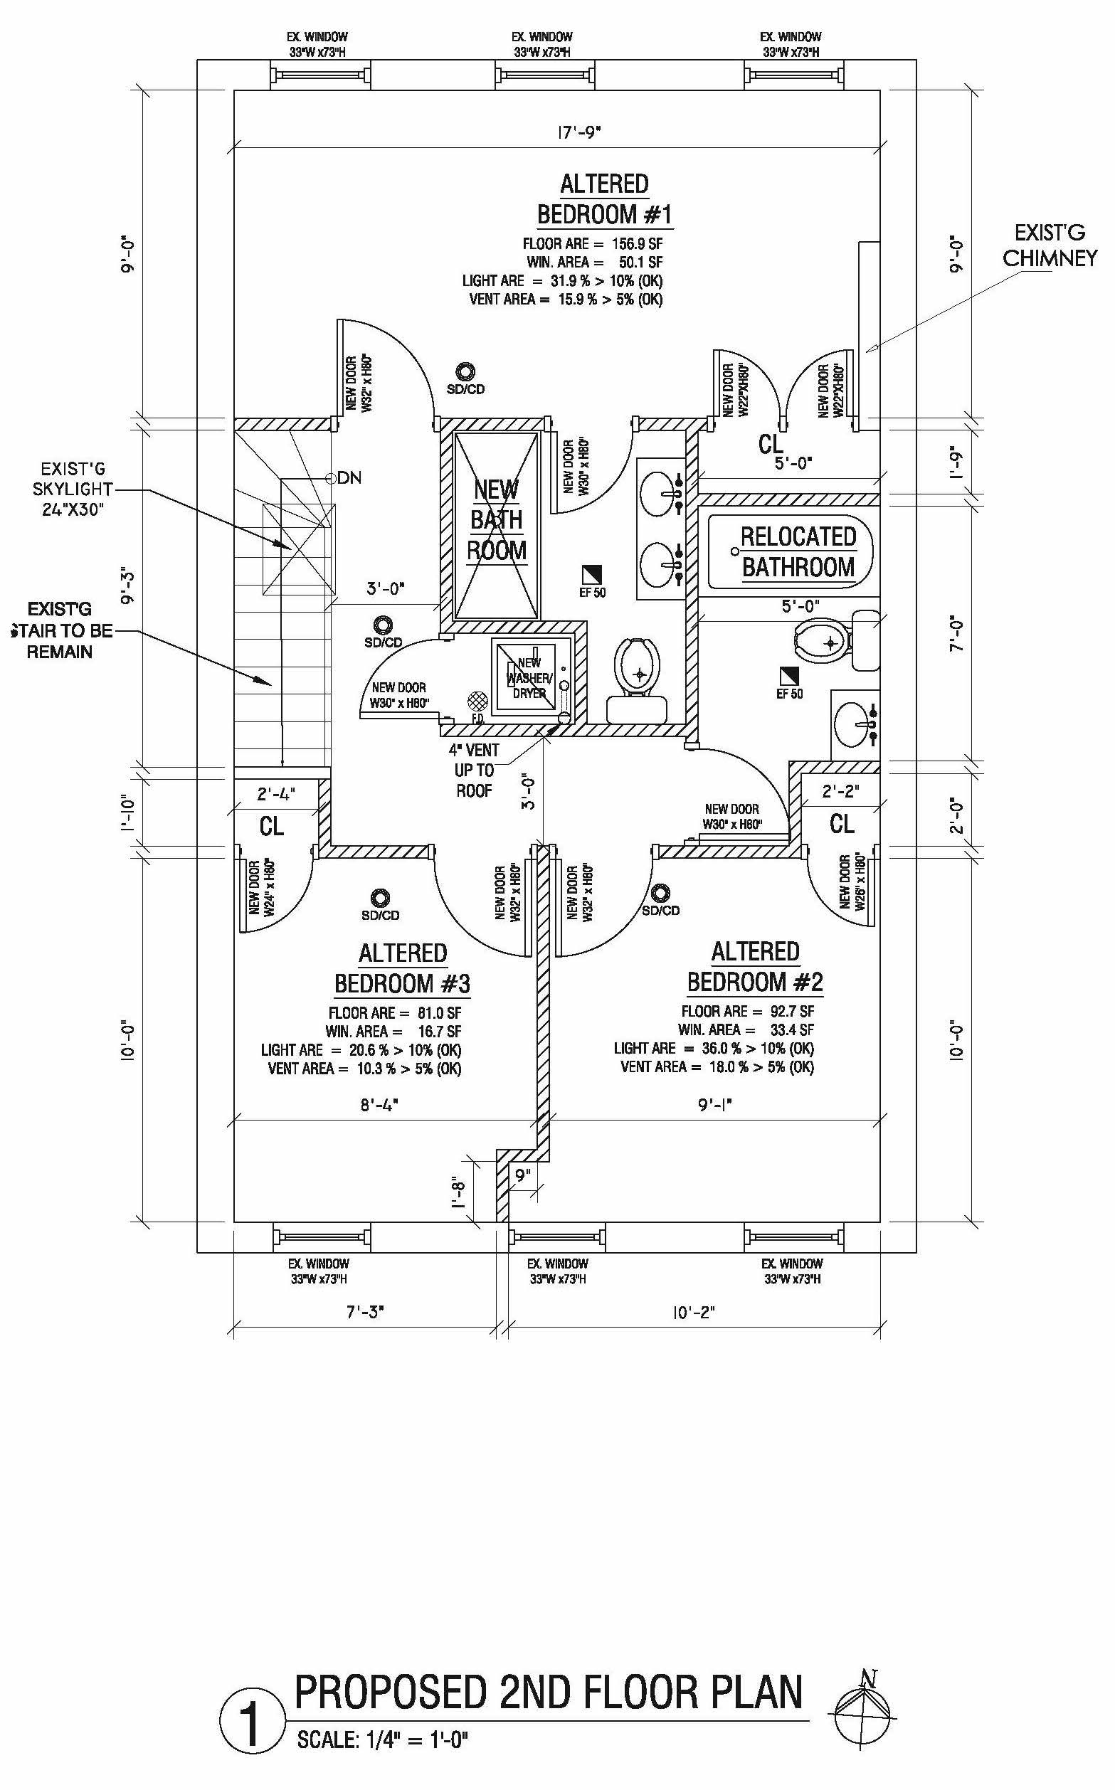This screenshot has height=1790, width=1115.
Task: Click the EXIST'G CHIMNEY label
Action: click(1050, 245)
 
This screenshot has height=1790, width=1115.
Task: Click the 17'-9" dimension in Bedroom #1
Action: click(580, 133)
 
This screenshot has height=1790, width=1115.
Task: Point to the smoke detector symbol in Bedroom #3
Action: click(381, 898)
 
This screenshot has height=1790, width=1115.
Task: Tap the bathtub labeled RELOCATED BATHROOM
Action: click(791, 552)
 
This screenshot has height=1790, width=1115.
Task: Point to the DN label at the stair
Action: click(349, 477)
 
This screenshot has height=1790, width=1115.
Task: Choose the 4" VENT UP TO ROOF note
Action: click(473, 770)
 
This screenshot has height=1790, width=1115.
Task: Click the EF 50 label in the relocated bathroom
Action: click(790, 694)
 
